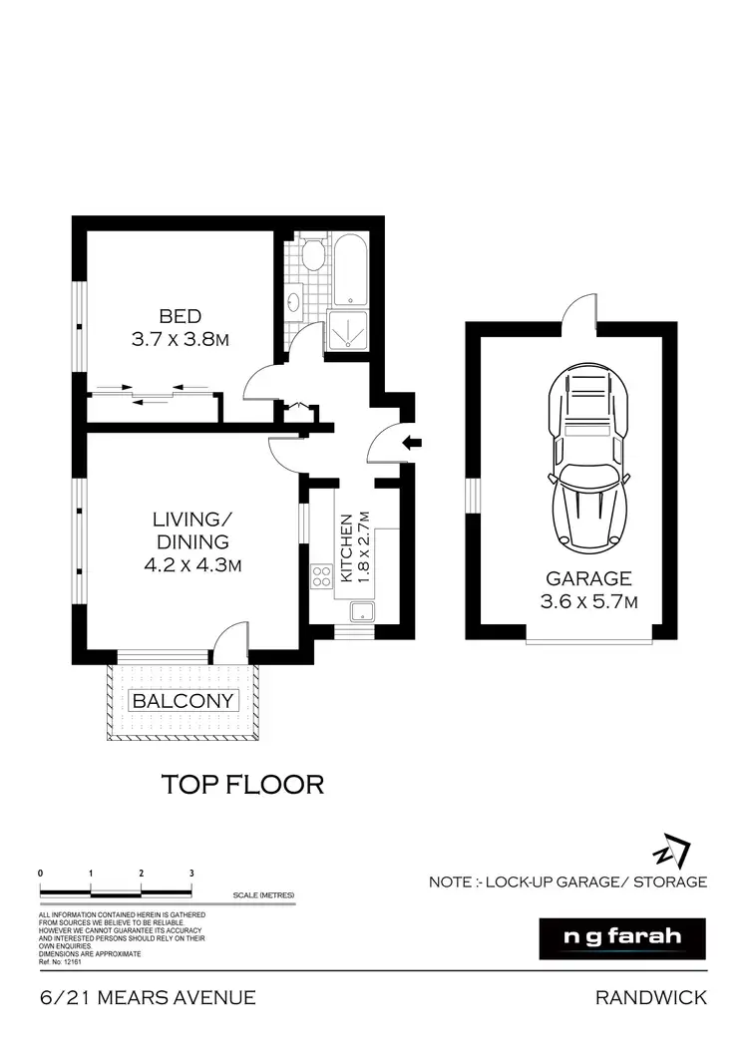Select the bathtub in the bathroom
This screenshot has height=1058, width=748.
pyautogui.click(x=350, y=269)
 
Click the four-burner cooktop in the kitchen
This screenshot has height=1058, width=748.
pyautogui.click(x=322, y=575)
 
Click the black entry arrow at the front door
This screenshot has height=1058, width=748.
pyautogui.click(x=412, y=442)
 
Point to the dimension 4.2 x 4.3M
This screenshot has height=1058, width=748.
pyautogui.click(x=192, y=565)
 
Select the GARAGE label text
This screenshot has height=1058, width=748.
pyautogui.click(x=588, y=578)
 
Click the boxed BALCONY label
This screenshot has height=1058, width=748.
pyautogui.click(x=185, y=700)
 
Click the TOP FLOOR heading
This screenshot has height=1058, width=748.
pyautogui.click(x=242, y=785)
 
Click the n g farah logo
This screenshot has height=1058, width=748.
pyautogui.click(x=621, y=938)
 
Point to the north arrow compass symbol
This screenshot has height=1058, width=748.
pyautogui.click(x=671, y=853)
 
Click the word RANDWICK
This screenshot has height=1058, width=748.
pyautogui.click(x=650, y=997)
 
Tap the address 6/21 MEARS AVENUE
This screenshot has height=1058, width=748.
pyautogui.click(x=148, y=997)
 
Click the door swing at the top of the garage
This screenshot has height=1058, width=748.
pyautogui.click(x=577, y=312)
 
